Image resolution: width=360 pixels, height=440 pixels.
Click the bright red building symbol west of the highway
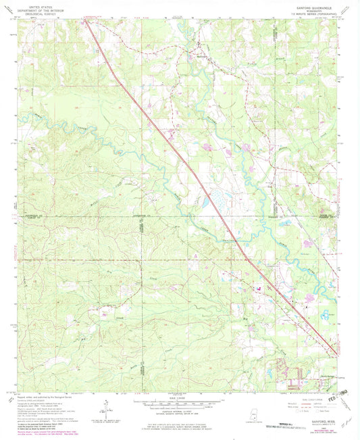pyautogui.click(x=259, y=289)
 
